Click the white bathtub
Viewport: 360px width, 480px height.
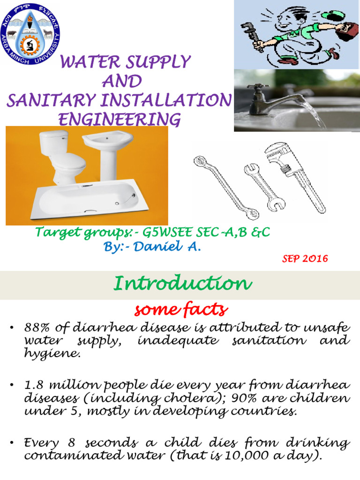(x=94, y=199)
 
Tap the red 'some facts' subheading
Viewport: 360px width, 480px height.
(x=181, y=309)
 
